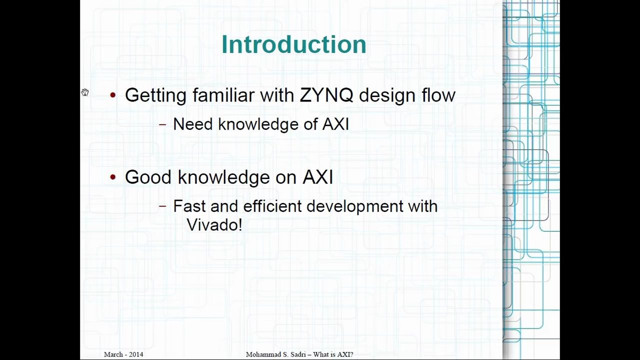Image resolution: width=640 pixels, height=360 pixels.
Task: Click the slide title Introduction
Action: [293, 44]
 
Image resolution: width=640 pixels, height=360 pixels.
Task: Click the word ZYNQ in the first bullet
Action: [326, 95]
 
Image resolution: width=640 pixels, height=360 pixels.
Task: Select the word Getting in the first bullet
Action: [155, 95]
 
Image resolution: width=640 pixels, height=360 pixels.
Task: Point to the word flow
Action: [438, 95]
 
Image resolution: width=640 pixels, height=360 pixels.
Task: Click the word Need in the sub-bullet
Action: [192, 124]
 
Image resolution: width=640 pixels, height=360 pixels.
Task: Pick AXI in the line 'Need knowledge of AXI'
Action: [335, 124]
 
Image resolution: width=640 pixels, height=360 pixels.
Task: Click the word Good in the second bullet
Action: [148, 177]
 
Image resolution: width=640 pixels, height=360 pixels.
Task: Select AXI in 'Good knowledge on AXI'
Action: [317, 177]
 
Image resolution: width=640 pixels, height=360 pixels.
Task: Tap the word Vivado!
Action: [214, 225]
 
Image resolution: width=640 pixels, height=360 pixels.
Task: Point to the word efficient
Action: [272, 206]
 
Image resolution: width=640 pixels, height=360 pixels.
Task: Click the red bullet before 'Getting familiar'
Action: [113, 95]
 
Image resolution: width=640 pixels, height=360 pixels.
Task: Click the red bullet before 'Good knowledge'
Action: [113, 177]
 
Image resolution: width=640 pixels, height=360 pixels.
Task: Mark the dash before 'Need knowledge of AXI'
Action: [162, 125]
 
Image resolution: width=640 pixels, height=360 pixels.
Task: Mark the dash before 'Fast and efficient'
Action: [162, 206]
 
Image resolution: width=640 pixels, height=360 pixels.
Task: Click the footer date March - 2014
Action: [123, 354]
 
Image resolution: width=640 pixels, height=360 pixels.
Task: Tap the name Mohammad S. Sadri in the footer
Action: [272, 354]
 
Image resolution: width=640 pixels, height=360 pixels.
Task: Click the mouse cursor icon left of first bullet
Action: [85, 92]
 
